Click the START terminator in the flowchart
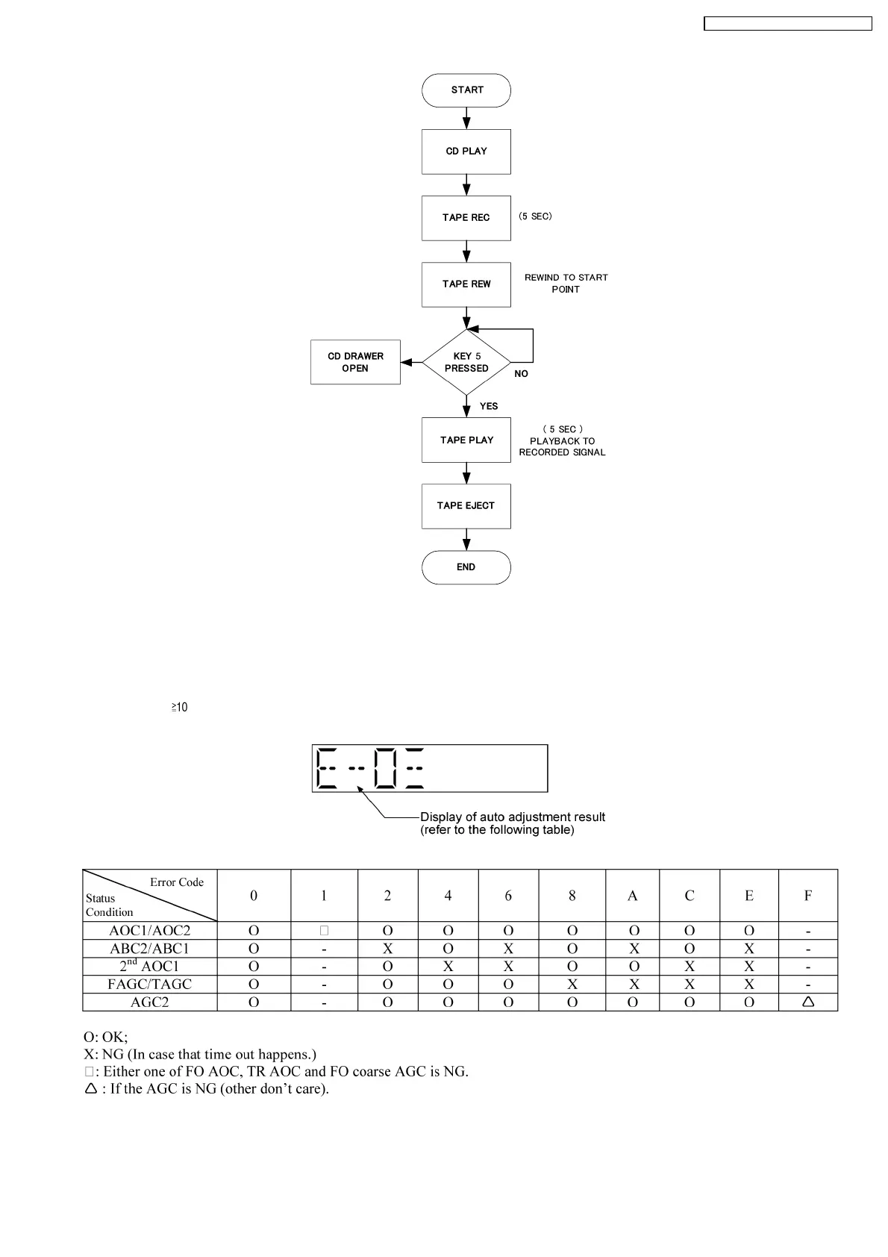(x=466, y=90)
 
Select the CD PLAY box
(x=466, y=152)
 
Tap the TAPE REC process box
(x=466, y=218)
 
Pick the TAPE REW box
(x=466, y=284)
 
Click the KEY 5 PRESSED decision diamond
(x=466, y=363)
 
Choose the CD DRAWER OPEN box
(x=355, y=363)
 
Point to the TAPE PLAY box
(x=466, y=440)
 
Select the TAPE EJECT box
(x=466, y=506)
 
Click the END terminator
(x=466, y=567)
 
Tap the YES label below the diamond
(x=489, y=406)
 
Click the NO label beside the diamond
(x=521, y=374)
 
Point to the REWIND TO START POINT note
(x=566, y=284)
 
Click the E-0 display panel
(x=430, y=768)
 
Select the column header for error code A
(x=632, y=896)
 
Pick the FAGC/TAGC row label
(x=150, y=985)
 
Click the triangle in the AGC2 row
(x=807, y=1002)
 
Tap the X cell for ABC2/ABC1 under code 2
(x=388, y=949)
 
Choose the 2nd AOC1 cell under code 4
(x=448, y=967)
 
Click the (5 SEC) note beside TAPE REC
(x=536, y=216)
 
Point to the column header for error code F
(x=807, y=896)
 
